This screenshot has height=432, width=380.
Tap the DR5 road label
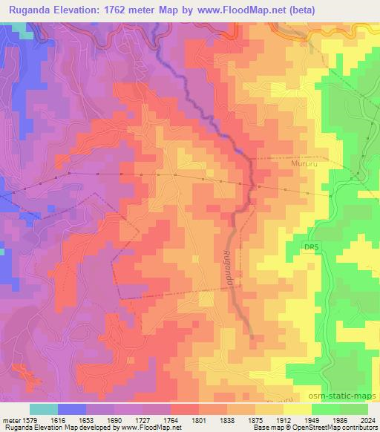pyautogui.click(x=311, y=246)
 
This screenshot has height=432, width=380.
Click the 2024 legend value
pyautogui.click(x=367, y=419)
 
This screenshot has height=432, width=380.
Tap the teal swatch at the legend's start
pyautogui.click(x=44, y=409)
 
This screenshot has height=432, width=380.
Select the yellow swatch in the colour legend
pyautogui.click(x=297, y=409)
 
